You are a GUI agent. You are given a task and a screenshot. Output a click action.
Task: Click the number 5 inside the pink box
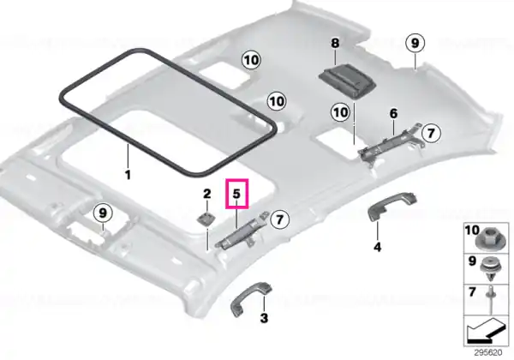236,194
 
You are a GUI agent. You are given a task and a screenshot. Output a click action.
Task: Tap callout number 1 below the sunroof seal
128,175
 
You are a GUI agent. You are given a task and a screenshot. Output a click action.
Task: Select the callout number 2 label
206,194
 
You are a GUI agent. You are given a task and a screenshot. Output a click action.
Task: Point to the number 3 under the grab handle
264,318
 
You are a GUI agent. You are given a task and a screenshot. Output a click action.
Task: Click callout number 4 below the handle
378,247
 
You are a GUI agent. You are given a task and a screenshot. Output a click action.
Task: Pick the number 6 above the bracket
393,114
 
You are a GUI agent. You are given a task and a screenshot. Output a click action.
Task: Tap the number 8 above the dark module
335,43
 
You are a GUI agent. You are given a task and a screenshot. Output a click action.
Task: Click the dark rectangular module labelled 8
347,81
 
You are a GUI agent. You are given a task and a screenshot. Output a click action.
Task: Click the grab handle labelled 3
252,299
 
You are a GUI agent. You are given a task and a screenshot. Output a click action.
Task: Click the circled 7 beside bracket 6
431,133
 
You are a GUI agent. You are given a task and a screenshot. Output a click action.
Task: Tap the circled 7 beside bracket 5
279,219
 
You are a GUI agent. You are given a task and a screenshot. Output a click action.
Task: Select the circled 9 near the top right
415,43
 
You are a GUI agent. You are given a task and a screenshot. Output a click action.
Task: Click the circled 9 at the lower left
103,213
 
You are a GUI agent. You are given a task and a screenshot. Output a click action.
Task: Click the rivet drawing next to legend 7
493,300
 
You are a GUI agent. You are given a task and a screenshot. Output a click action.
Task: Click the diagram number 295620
488,352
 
